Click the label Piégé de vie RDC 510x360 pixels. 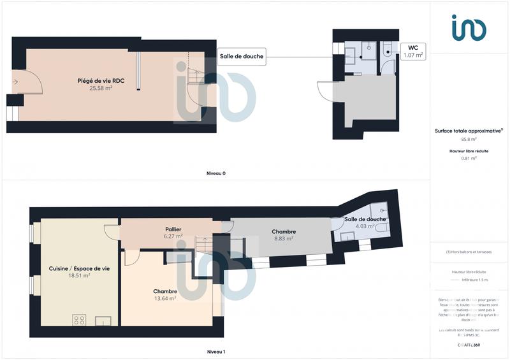tap(101, 81)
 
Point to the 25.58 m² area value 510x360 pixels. tap(101, 89)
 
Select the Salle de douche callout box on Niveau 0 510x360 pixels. tap(242, 56)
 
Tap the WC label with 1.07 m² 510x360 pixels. tap(413, 51)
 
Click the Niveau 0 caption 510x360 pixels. tap(215, 173)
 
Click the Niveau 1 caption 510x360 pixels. tap(215, 352)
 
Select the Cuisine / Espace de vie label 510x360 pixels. tap(79, 268)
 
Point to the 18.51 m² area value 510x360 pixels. tap(79, 276)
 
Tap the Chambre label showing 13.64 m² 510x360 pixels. tap(165, 291)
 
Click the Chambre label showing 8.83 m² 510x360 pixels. tap(283, 231)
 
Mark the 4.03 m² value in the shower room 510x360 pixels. tap(364, 226)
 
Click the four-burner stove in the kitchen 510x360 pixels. tap(80, 320)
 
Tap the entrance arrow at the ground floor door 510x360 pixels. tap(15, 82)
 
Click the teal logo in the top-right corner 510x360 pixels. tap(469, 28)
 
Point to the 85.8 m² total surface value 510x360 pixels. tap(469, 139)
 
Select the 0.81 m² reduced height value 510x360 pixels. tap(469, 158)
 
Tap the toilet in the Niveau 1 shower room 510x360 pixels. tap(381, 227)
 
